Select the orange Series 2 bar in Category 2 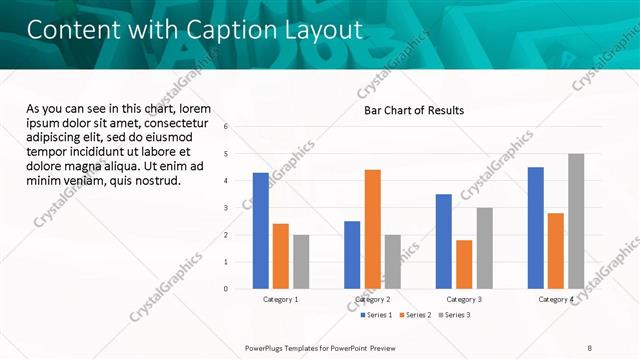[372, 229]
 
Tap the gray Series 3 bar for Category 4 [576, 221]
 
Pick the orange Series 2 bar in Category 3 [464, 264]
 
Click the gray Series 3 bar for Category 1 [301, 262]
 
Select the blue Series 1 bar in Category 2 [352, 255]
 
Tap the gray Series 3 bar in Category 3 [484, 248]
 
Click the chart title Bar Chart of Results [413, 110]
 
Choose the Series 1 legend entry [378, 316]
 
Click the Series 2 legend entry [416, 316]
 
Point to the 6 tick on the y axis [226, 127]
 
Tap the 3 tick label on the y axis [226, 208]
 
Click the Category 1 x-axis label [281, 300]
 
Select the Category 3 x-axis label [464, 300]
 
